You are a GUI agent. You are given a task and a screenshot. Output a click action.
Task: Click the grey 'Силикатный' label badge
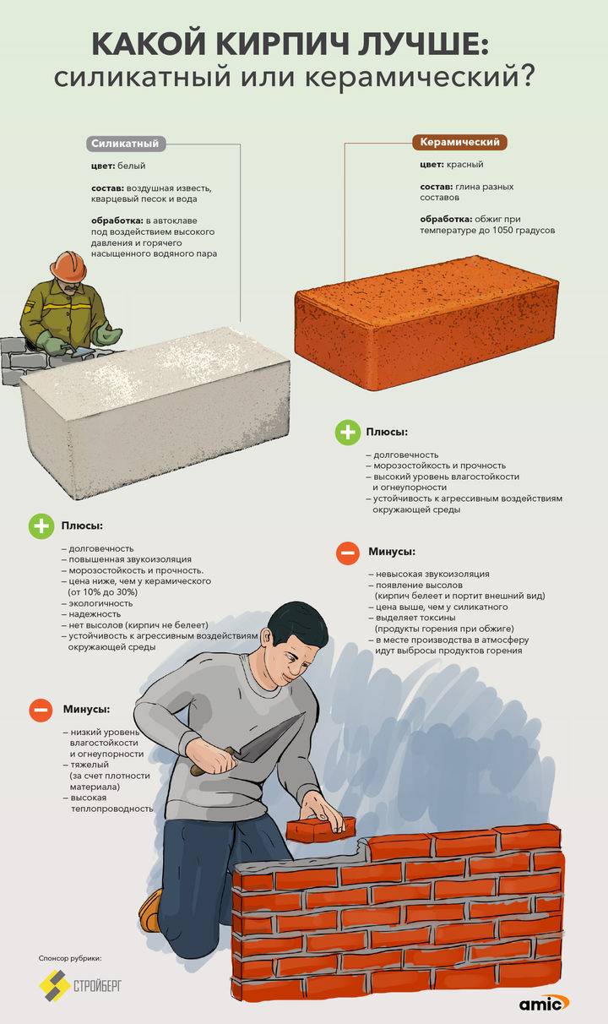point(125,143)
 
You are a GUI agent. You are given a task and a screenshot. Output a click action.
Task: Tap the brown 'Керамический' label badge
point(459,142)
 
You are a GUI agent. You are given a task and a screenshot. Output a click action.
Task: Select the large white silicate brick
point(155,411)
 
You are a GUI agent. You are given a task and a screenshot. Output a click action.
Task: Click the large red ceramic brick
point(426,322)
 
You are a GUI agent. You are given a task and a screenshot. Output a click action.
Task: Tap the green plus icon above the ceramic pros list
point(348,432)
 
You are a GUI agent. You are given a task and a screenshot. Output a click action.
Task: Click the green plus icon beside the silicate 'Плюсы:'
point(41,526)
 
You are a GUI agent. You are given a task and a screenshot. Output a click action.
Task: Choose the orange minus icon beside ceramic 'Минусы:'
point(348,553)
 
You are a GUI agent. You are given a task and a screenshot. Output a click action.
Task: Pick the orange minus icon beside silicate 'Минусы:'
point(41,710)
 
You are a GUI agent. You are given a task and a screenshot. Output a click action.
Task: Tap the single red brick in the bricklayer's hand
point(320,829)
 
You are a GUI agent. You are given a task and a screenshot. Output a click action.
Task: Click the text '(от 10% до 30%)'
point(103,592)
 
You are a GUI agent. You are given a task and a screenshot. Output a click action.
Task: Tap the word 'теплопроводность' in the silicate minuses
point(112,809)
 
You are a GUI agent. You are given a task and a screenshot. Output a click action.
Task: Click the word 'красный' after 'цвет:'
point(464,164)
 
